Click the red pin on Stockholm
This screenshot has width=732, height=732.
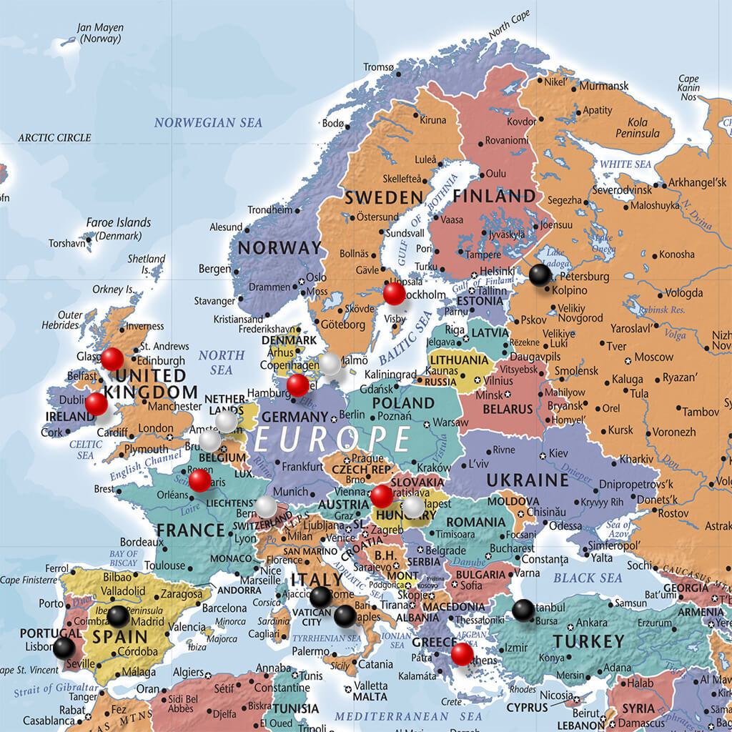393,292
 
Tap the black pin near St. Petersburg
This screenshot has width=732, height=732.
540,274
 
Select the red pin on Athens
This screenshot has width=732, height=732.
462,653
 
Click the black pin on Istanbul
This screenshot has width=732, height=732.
523,610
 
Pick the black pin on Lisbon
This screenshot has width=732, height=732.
64,648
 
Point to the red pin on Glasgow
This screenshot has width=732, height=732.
112,359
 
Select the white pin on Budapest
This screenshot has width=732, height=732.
412,507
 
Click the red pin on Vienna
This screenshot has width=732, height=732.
381,495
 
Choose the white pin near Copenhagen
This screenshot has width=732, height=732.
330,364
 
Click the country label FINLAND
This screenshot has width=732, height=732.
493,196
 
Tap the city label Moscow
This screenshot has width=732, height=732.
653,357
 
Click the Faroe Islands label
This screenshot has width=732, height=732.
119,222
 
